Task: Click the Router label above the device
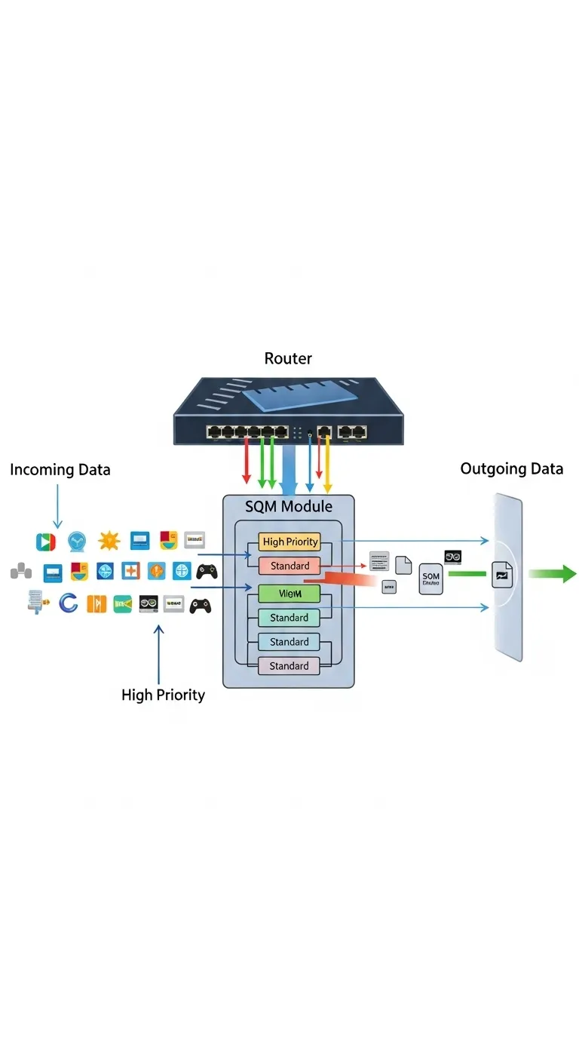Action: coord(288,358)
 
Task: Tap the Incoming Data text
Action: coord(60,470)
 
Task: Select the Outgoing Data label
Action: coord(511,468)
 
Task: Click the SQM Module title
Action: coord(289,506)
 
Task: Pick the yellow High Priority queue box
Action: coord(289,542)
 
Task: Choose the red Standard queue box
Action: coord(289,566)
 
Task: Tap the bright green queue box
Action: coord(289,594)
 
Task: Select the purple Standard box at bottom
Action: coord(289,666)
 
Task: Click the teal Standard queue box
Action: coord(289,618)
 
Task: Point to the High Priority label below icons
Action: coord(163,695)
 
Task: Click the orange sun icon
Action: coord(109,541)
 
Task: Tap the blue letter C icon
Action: coord(68,603)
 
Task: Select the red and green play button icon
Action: coord(46,541)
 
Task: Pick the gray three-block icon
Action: coord(20,572)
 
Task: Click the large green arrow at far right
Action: coord(552,574)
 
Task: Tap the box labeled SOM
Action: coord(430,579)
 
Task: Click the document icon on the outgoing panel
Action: coord(502,575)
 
